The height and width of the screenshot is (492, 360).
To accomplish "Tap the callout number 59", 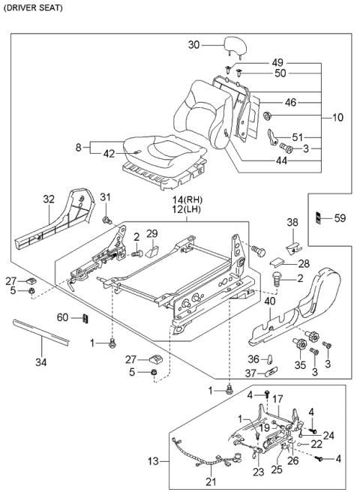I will [x=339, y=218].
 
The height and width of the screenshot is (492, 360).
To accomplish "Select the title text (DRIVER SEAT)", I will [x=32, y=7].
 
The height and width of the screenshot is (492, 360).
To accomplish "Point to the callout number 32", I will [x=49, y=200].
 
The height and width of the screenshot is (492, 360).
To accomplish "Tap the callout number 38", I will [x=293, y=222].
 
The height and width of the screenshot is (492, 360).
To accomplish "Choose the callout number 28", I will [x=304, y=264].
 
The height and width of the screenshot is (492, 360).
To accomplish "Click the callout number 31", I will [x=106, y=197].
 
